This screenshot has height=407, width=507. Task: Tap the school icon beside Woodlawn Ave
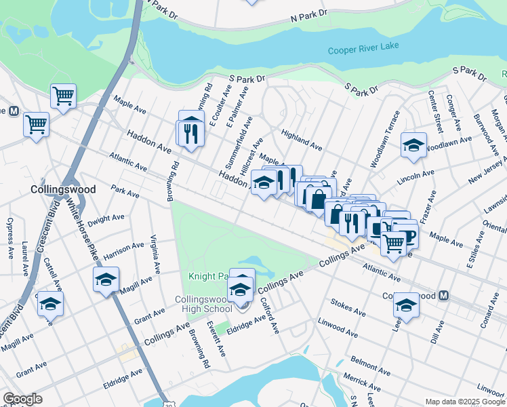click(413, 145)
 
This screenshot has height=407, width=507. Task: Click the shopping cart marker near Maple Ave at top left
click(63, 96)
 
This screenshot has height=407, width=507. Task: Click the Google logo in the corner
click(23, 399)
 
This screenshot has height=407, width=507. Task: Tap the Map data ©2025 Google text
click(465, 402)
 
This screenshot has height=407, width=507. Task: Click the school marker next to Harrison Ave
click(106, 279)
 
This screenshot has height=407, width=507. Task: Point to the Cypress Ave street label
click(9, 238)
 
